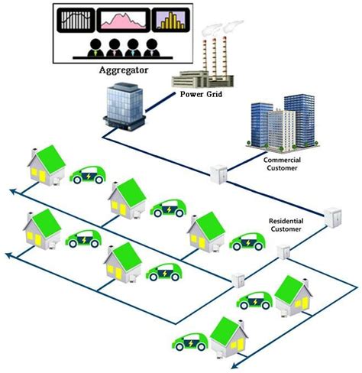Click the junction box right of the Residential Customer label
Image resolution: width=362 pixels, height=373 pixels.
(x=332, y=215)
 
